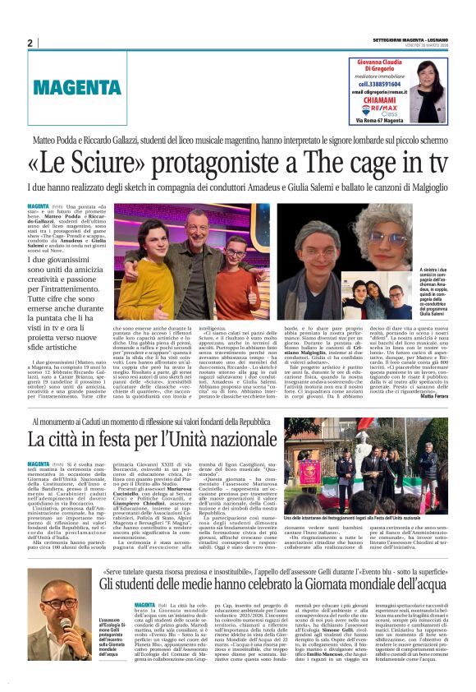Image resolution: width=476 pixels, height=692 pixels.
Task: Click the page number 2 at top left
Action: coord(30,44)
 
